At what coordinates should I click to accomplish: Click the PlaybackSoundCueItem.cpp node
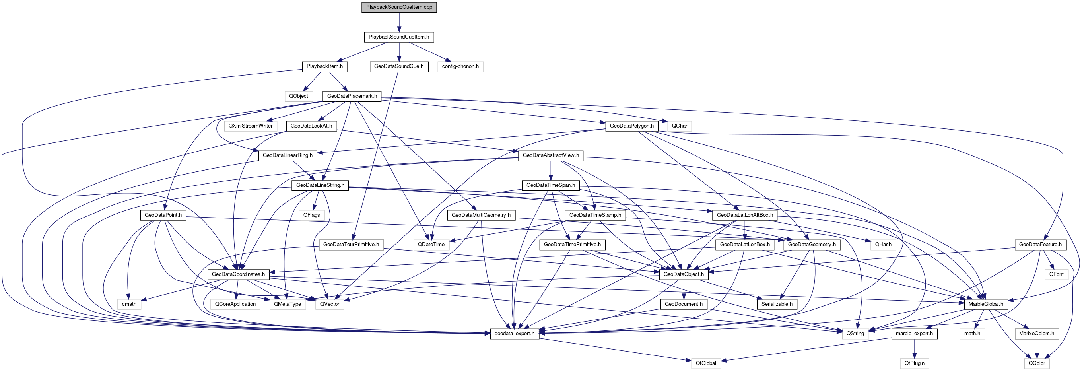(399, 7)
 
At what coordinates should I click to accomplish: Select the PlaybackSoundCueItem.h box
(398, 37)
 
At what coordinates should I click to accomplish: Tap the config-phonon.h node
(460, 66)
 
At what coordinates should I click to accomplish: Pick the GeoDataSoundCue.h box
(398, 66)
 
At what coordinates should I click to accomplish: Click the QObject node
(298, 96)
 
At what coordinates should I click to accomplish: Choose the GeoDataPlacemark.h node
(352, 96)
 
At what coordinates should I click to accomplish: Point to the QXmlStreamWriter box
(251, 126)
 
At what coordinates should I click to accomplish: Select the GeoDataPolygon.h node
(631, 126)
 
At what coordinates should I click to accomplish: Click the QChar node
(679, 126)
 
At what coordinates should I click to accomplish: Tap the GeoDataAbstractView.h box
(551, 155)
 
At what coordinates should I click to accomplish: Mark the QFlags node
(312, 215)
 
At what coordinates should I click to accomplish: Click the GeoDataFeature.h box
(1040, 245)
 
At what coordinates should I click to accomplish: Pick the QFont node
(1057, 274)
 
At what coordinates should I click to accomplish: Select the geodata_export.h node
(515, 334)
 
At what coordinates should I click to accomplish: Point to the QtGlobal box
(706, 363)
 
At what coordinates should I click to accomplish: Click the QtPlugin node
(915, 363)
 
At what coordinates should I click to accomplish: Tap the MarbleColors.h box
(1036, 334)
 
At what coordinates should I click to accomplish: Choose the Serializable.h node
(777, 304)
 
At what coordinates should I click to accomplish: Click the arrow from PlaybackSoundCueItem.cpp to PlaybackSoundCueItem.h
(399, 22)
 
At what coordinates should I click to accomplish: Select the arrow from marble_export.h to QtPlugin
(915, 348)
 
